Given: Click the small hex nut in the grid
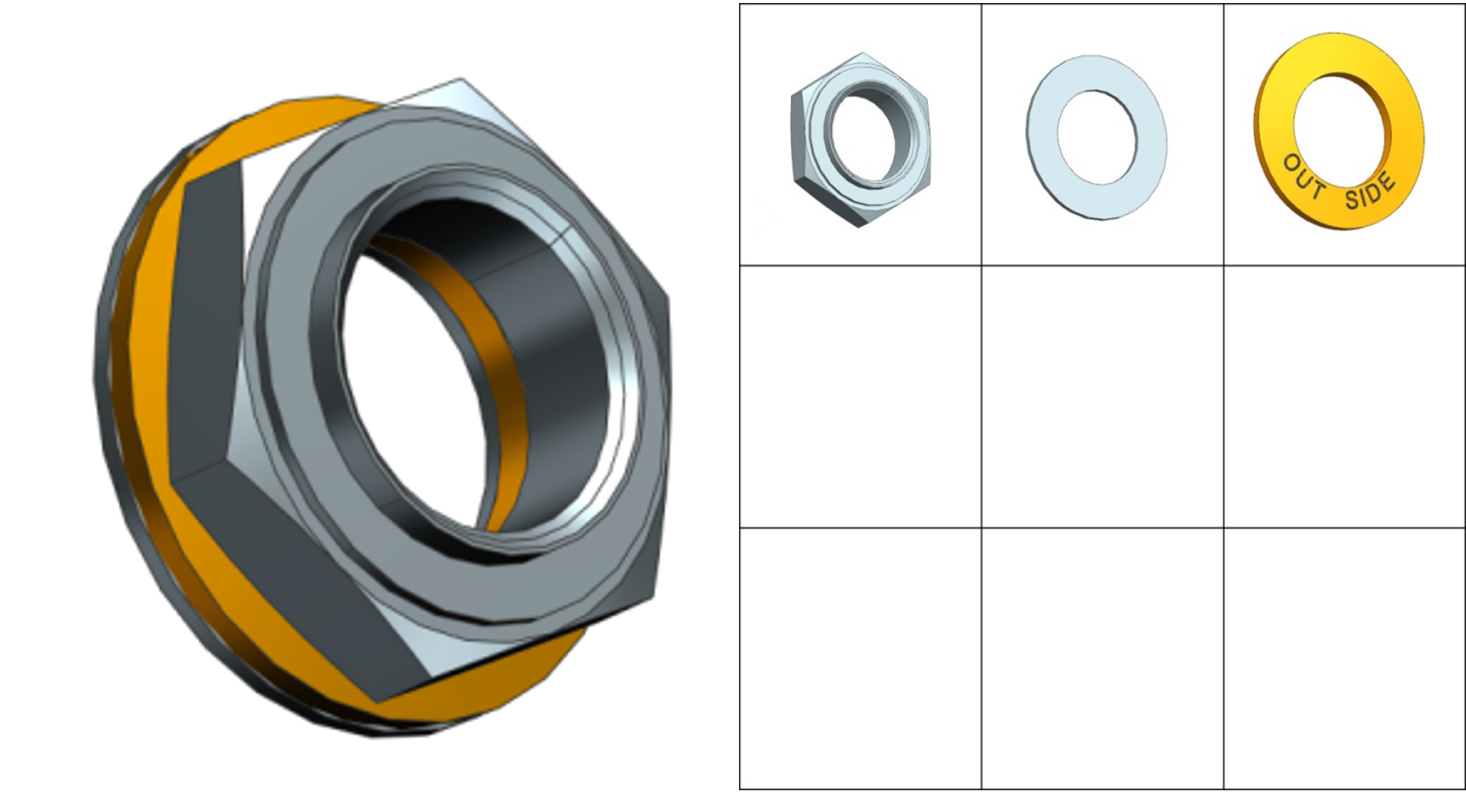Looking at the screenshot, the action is (860, 140).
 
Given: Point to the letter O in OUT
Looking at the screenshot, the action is (1292, 163).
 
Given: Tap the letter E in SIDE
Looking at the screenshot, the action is (1388, 181).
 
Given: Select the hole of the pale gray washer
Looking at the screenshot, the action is (1097, 137).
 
